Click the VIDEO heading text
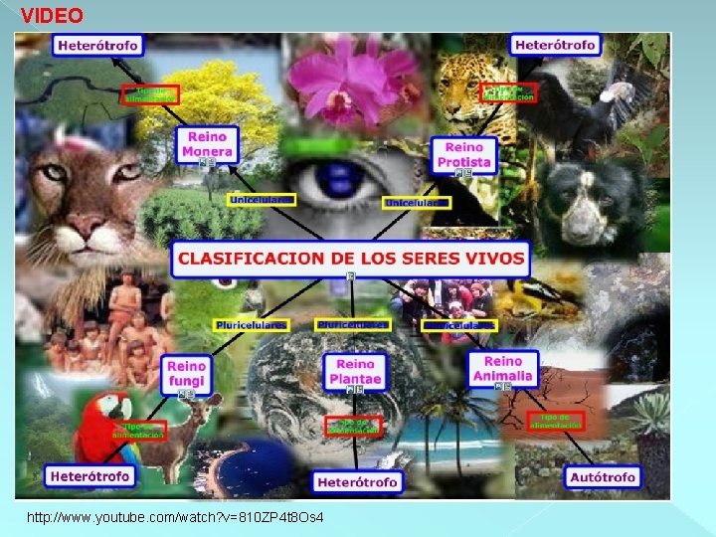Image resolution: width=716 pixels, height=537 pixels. [x=52, y=16]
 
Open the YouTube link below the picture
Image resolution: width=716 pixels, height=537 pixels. [x=175, y=518]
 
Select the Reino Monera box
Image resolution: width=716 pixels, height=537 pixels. [x=207, y=145]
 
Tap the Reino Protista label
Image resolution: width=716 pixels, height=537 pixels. [x=464, y=154]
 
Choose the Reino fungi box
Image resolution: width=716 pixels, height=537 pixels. [x=187, y=374]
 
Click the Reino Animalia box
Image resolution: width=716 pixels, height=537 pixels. [x=503, y=369]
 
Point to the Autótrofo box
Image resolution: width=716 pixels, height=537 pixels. [x=602, y=477]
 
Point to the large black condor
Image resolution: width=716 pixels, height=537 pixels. [x=587, y=109]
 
